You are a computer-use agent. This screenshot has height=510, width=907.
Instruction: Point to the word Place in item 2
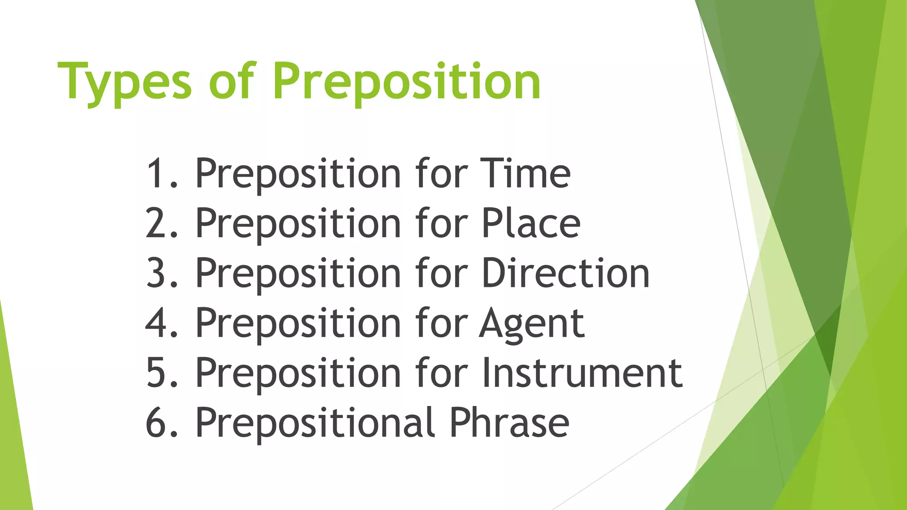[531, 223]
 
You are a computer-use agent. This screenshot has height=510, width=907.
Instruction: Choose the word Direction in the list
[566, 273]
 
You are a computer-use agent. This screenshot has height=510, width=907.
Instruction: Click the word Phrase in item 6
[509, 423]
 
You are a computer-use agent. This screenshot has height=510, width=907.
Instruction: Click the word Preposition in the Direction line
[298, 274]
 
